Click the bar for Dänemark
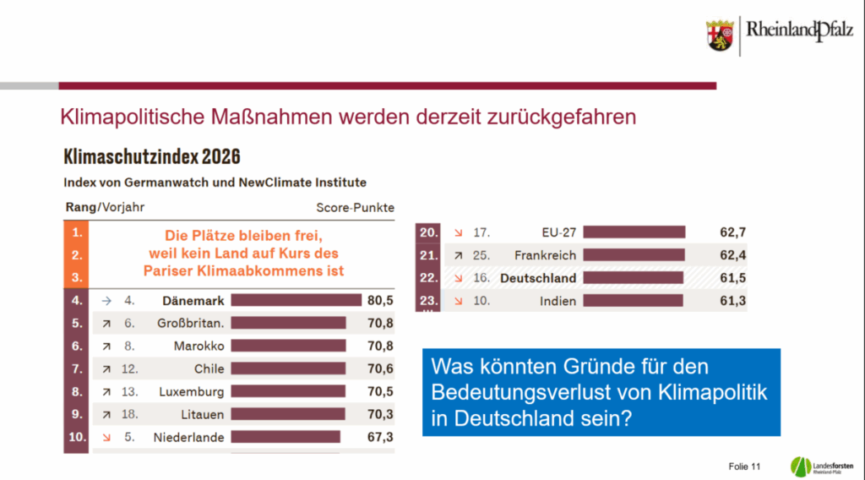(296, 299)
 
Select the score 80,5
(379, 299)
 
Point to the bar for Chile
(288, 368)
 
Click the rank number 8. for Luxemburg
(75, 391)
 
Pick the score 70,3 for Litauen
(379, 414)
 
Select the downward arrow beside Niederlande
(107, 437)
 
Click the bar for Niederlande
(286, 437)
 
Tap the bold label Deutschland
(537, 278)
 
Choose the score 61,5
(732, 278)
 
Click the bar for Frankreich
(634, 254)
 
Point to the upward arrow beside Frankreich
(457, 254)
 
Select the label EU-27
(558, 232)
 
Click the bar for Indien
(633, 301)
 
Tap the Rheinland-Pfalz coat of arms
(720, 35)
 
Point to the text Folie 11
(744, 466)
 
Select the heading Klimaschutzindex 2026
(152, 157)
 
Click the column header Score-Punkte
(355, 207)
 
